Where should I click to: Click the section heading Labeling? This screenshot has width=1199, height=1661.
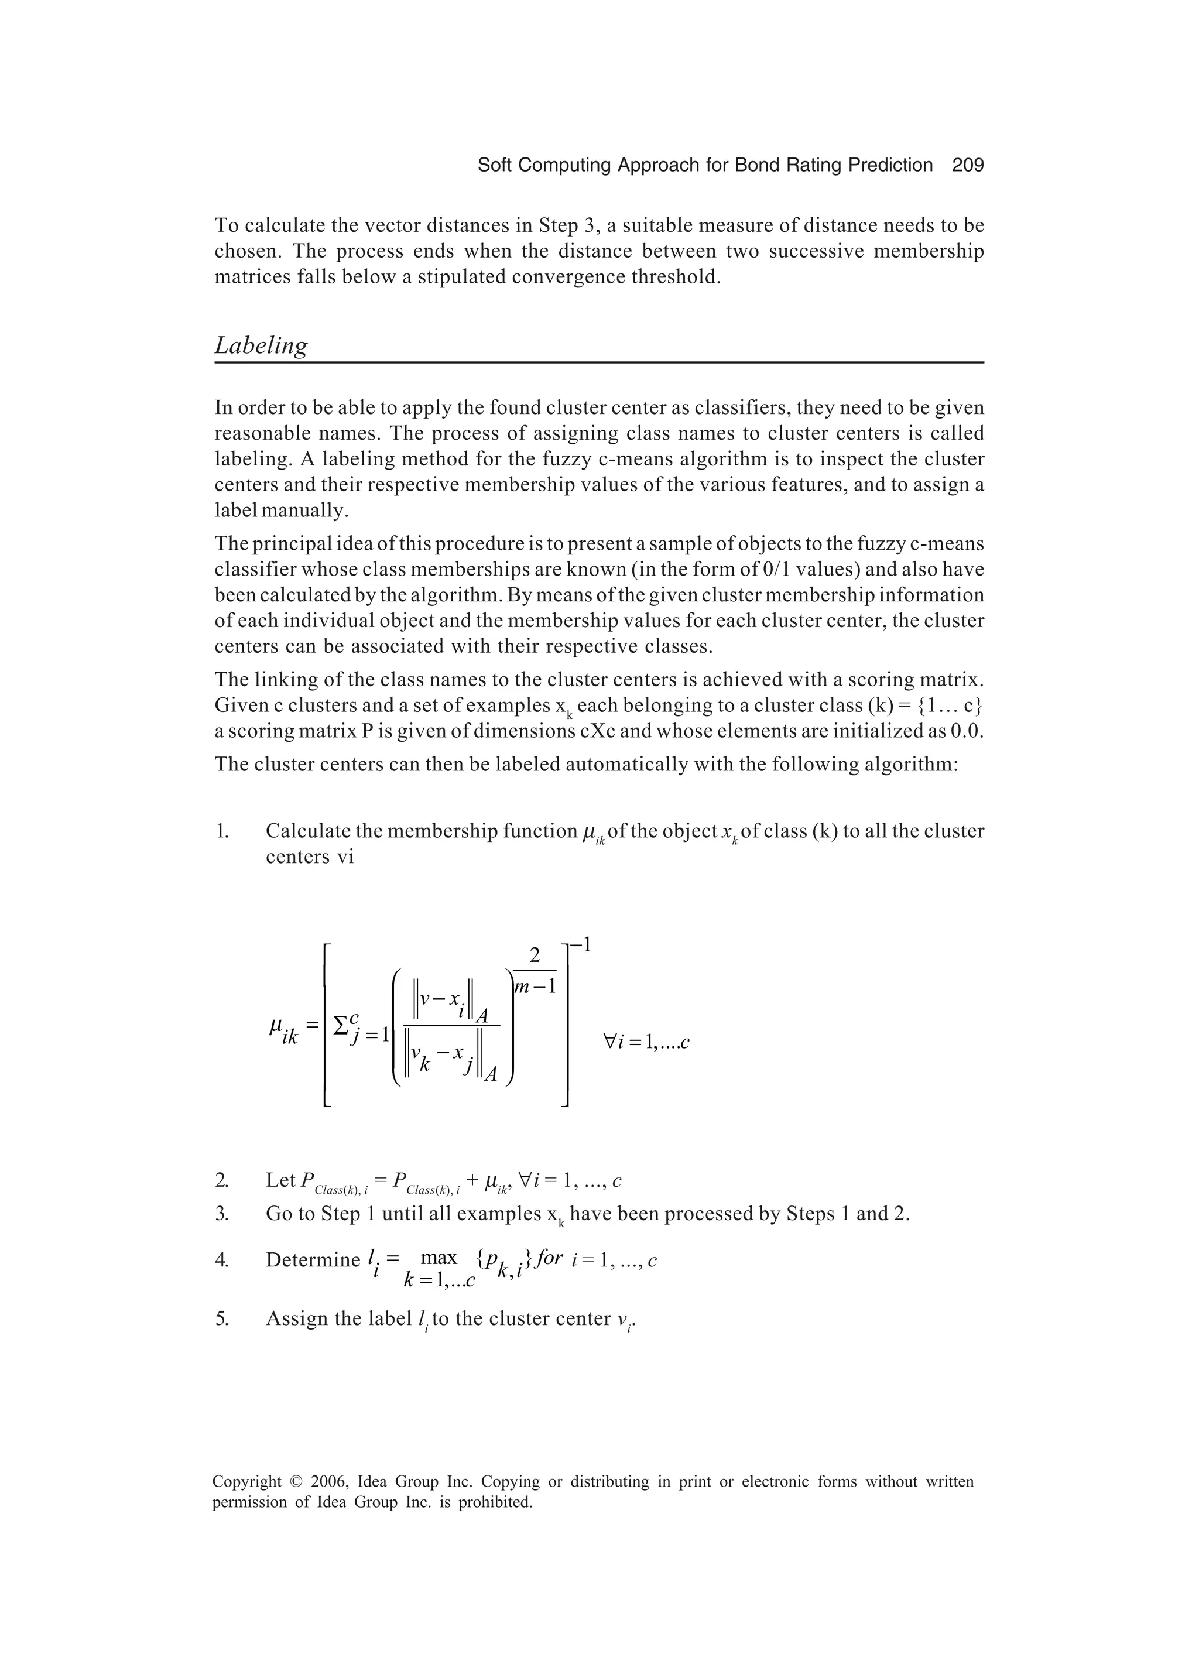[x=261, y=345]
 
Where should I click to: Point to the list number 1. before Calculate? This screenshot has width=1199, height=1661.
[x=222, y=831]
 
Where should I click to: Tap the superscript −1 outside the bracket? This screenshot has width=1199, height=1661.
[x=580, y=945]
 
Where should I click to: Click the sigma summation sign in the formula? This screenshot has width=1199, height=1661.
[x=341, y=1025]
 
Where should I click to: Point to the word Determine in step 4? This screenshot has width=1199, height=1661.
[x=313, y=1260]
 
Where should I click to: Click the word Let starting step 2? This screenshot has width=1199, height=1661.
[x=280, y=1180]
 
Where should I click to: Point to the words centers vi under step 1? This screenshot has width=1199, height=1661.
[x=309, y=857]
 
